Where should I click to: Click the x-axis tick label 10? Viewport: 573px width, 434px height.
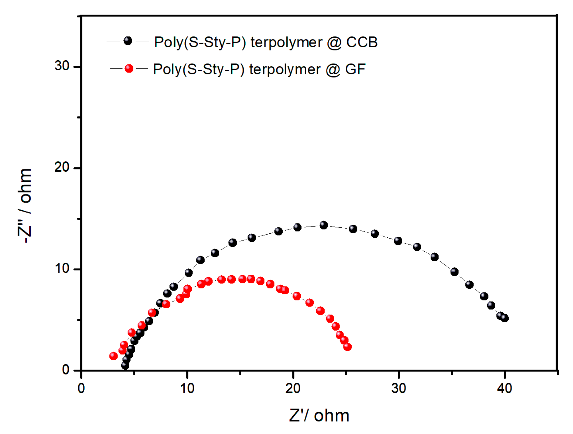[x=187, y=389]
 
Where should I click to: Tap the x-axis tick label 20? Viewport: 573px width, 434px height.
[x=293, y=389]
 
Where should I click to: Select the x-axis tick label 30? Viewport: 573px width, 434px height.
[x=399, y=389]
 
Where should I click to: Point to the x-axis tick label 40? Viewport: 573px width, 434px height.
[x=504, y=389]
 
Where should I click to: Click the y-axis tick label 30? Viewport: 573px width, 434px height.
[x=62, y=66]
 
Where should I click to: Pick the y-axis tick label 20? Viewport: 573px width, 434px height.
[x=62, y=167]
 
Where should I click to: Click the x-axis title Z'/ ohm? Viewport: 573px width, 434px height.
[x=319, y=416]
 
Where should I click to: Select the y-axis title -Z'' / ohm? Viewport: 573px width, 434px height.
[x=25, y=206]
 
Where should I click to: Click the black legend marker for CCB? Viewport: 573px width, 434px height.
[x=128, y=41]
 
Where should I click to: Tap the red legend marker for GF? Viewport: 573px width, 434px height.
[x=129, y=68]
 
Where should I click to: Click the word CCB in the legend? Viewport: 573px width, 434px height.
[x=362, y=42]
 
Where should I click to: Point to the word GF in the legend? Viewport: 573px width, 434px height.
[x=355, y=69]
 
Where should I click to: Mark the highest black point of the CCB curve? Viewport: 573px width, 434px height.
[x=324, y=225]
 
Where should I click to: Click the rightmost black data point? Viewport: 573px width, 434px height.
[x=505, y=318]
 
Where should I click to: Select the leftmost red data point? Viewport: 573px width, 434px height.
[x=113, y=356]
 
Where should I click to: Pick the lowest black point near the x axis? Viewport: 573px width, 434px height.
[x=125, y=366]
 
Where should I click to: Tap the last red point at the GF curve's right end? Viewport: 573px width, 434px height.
[x=347, y=347]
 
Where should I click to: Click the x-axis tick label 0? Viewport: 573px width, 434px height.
[x=81, y=389]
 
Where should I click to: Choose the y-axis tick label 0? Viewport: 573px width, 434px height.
[x=66, y=370]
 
